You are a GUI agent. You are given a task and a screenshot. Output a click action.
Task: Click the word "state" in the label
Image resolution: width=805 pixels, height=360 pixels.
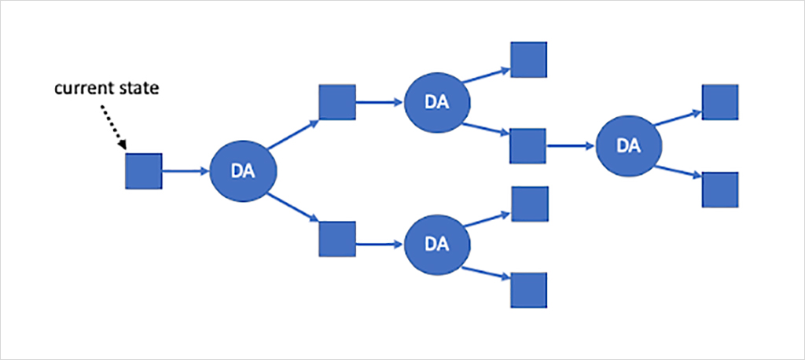tap(141, 89)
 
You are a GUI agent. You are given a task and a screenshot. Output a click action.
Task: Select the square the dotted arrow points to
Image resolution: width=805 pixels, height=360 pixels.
tap(144, 171)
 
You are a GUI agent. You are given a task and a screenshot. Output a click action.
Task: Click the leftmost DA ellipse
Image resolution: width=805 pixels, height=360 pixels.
tap(243, 171)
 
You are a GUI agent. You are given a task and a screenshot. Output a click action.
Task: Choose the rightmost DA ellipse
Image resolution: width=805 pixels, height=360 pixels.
tap(628, 145)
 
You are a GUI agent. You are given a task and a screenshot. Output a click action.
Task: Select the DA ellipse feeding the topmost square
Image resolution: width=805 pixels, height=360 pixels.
tap(437, 102)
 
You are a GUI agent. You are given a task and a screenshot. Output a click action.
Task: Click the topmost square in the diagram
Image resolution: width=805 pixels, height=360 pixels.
tap(529, 59)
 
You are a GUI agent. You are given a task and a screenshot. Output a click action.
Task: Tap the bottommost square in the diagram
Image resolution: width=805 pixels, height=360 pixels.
tap(529, 289)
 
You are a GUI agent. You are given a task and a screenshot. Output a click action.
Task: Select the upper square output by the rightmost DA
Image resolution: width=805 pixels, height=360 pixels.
tap(720, 102)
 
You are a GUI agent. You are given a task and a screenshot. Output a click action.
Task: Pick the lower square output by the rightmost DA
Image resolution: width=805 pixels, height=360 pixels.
tap(720, 189)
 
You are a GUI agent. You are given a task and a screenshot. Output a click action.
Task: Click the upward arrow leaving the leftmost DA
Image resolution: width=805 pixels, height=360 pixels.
tap(293, 134)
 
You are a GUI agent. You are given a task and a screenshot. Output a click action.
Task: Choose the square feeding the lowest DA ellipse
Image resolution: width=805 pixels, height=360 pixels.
tap(336, 238)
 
